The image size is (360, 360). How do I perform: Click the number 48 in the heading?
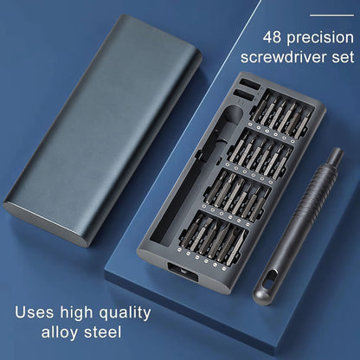(x=272, y=37)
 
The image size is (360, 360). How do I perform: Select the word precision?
(x=320, y=39)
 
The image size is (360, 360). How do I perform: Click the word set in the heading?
(x=343, y=57)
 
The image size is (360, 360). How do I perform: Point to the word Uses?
(x=35, y=312)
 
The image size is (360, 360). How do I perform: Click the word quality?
(x=125, y=313)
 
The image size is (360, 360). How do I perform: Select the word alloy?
(x=60, y=332)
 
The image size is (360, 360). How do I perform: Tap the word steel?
(x=103, y=331)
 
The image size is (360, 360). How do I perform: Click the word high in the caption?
(x=77, y=313)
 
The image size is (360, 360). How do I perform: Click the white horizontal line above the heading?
(x=331, y=15)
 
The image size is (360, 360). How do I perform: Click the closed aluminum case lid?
(x=102, y=131)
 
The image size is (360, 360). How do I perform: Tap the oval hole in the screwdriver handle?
(x=269, y=279)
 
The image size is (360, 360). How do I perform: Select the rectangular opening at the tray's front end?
(x=183, y=273)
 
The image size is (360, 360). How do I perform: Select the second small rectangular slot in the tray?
(x=244, y=95)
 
